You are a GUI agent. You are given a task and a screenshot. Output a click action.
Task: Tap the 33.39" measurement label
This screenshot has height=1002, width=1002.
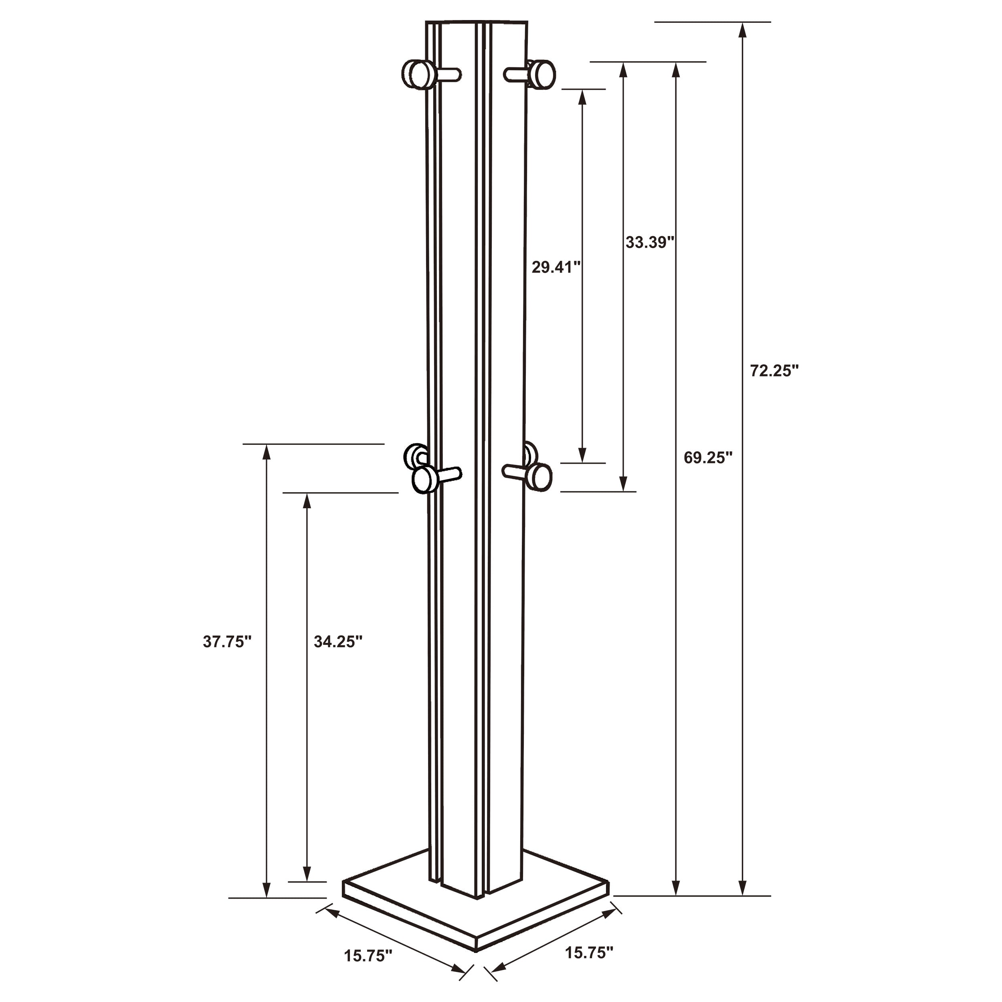(649, 242)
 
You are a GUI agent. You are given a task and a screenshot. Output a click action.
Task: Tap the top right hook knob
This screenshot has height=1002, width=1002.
(543, 74)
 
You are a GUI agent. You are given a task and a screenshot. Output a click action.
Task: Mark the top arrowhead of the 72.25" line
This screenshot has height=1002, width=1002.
(742, 30)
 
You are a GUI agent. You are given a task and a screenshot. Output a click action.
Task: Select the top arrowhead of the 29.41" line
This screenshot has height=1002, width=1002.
(582, 97)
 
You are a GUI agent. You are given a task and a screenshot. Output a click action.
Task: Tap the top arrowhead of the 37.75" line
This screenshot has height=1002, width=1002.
(267, 452)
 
